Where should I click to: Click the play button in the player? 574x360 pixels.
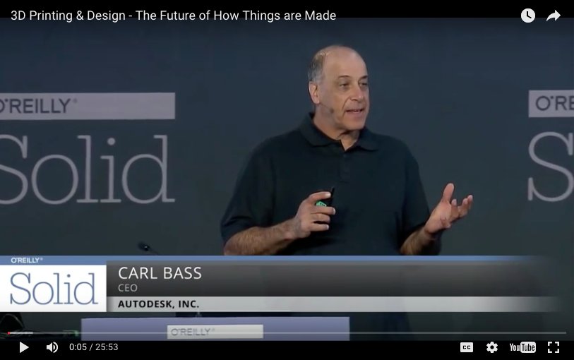(23, 347)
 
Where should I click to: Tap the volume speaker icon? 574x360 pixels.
(52, 347)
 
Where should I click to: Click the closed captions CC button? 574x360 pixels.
(467, 347)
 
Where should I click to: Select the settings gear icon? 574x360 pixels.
(492, 347)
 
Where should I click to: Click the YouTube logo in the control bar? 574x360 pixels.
(522, 347)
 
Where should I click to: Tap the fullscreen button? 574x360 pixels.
(554, 347)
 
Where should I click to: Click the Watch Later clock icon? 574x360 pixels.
(528, 16)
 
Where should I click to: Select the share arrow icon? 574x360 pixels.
(554, 16)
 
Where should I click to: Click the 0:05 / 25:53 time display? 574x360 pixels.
(93, 347)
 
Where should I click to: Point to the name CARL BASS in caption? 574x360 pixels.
(160, 274)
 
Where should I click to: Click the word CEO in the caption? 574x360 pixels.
(128, 288)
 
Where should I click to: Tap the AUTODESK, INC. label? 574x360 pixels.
(159, 304)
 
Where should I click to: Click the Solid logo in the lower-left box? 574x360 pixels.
(53, 289)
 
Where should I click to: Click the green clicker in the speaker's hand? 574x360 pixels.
(322, 203)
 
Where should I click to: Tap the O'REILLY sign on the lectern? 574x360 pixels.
(215, 331)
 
